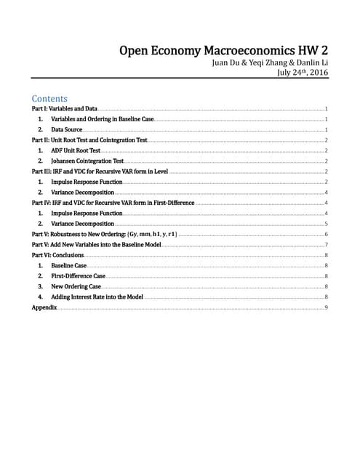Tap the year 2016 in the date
tap(317, 73)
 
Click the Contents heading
tap(49, 98)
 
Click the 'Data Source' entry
tap(66, 129)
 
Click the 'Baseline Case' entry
tap(69, 267)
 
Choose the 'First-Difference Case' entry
tap(78, 277)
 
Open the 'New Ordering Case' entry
tap(76, 287)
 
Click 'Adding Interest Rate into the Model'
tap(97, 297)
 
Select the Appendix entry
tap(44, 308)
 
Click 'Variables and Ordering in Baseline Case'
tap(102, 118)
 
